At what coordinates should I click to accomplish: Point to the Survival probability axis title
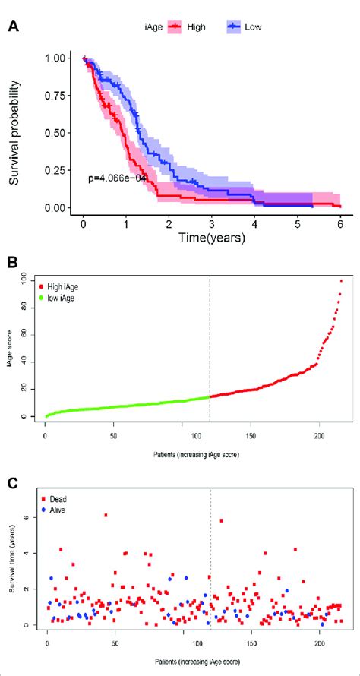pos(14,134)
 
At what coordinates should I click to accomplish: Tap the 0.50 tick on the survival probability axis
pos(55,133)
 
